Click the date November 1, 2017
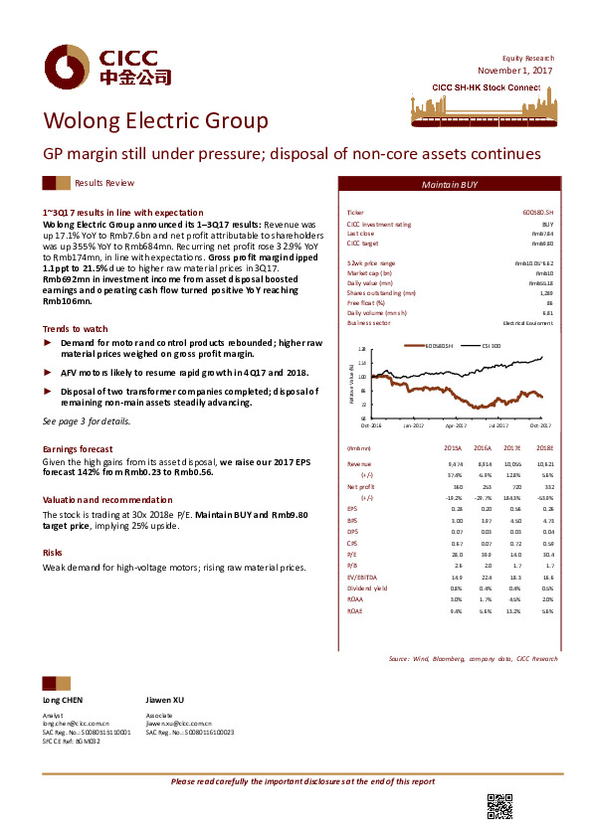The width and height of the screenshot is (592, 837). [514, 71]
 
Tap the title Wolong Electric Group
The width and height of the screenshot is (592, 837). [154, 121]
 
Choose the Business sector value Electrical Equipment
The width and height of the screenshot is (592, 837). [527, 323]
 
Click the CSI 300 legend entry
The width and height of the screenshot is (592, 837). [491, 345]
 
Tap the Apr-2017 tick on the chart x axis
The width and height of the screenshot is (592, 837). [456, 423]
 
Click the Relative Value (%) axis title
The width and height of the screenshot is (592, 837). [351, 383]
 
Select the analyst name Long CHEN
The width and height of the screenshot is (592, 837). [63, 701]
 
